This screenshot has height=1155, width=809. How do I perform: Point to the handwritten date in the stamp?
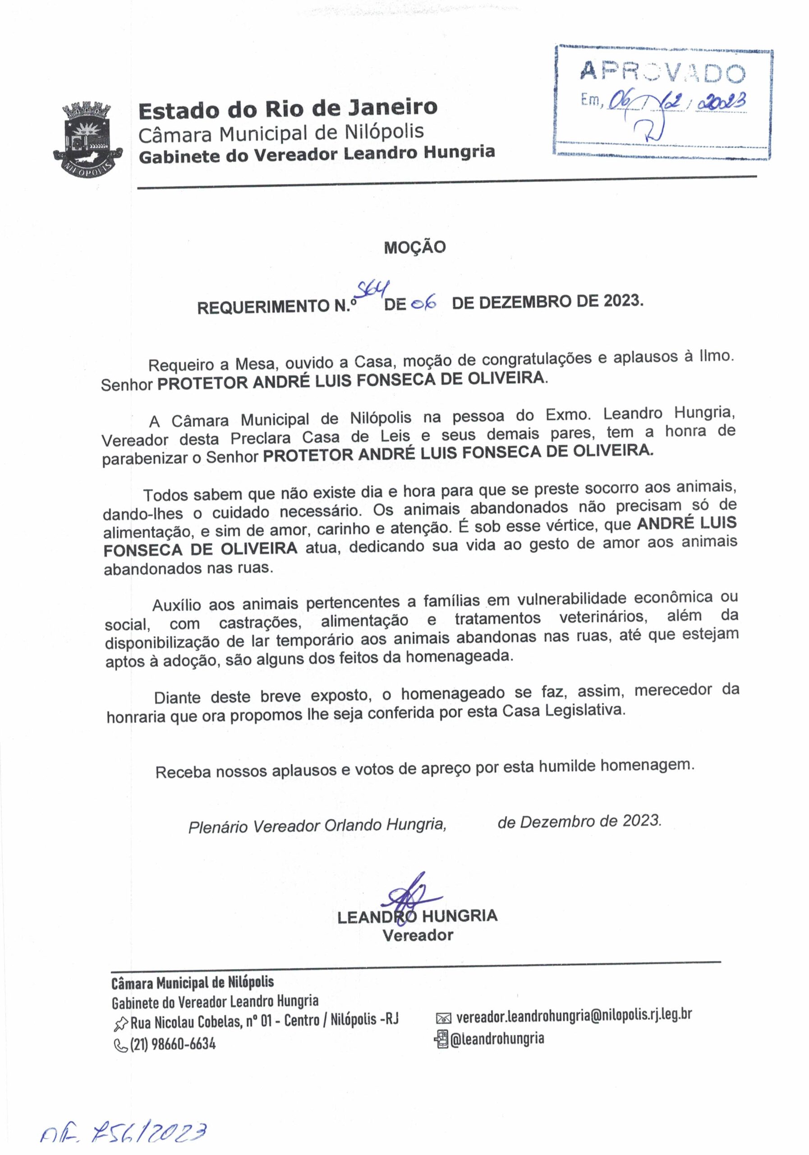tap(676, 102)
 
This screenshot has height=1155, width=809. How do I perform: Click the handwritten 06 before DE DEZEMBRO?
tap(423, 303)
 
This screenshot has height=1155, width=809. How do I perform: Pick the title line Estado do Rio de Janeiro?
tap(288, 109)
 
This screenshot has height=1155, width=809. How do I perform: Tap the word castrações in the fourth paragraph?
tap(260, 622)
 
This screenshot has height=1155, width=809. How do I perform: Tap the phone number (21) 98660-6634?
tap(173, 1044)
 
